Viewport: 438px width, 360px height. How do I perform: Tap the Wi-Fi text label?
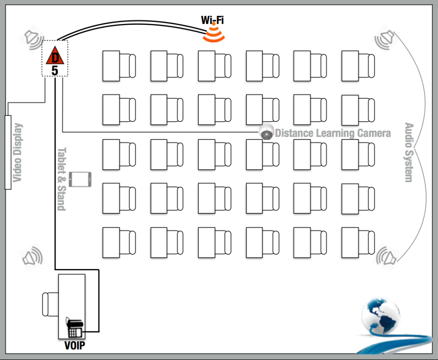click(212, 20)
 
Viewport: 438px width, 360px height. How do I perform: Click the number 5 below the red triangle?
click(55, 71)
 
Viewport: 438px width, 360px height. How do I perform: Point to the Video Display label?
click(17, 153)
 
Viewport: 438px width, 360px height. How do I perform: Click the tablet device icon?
click(80, 179)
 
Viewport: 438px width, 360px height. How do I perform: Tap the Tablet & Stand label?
click(62, 179)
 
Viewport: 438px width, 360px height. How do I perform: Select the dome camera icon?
click(266, 132)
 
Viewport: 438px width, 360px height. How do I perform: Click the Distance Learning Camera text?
click(333, 133)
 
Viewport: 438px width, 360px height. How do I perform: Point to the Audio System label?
click(409, 153)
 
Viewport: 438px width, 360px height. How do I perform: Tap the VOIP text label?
click(75, 345)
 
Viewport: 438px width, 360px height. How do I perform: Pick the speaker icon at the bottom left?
click(33, 256)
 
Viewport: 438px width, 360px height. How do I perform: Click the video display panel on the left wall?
click(8, 152)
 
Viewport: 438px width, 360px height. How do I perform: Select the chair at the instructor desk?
click(50, 304)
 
